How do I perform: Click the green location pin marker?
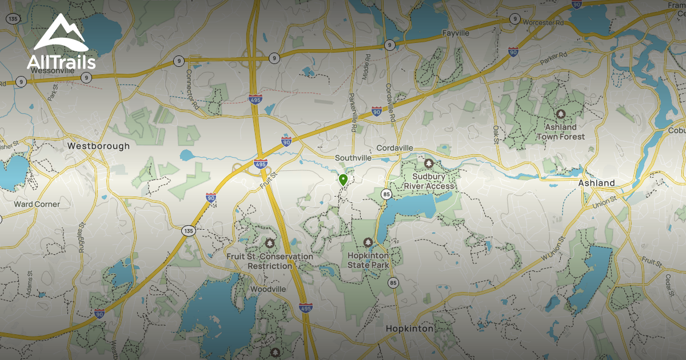pos(343,180)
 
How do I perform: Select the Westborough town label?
pos(98,146)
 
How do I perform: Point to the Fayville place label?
pos(456,33)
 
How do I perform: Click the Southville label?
pos(353,158)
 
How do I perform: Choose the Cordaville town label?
pos(394,148)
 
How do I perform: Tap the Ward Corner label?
pos(37,204)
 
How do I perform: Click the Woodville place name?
pos(268,289)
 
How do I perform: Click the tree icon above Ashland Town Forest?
pos(560,114)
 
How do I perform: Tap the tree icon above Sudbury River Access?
pos(429,163)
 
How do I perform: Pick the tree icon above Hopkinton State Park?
pos(368,242)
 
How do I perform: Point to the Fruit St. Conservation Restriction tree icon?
pos(270,243)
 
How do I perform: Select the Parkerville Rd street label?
pos(352,113)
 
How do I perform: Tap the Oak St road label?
pos(496,137)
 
